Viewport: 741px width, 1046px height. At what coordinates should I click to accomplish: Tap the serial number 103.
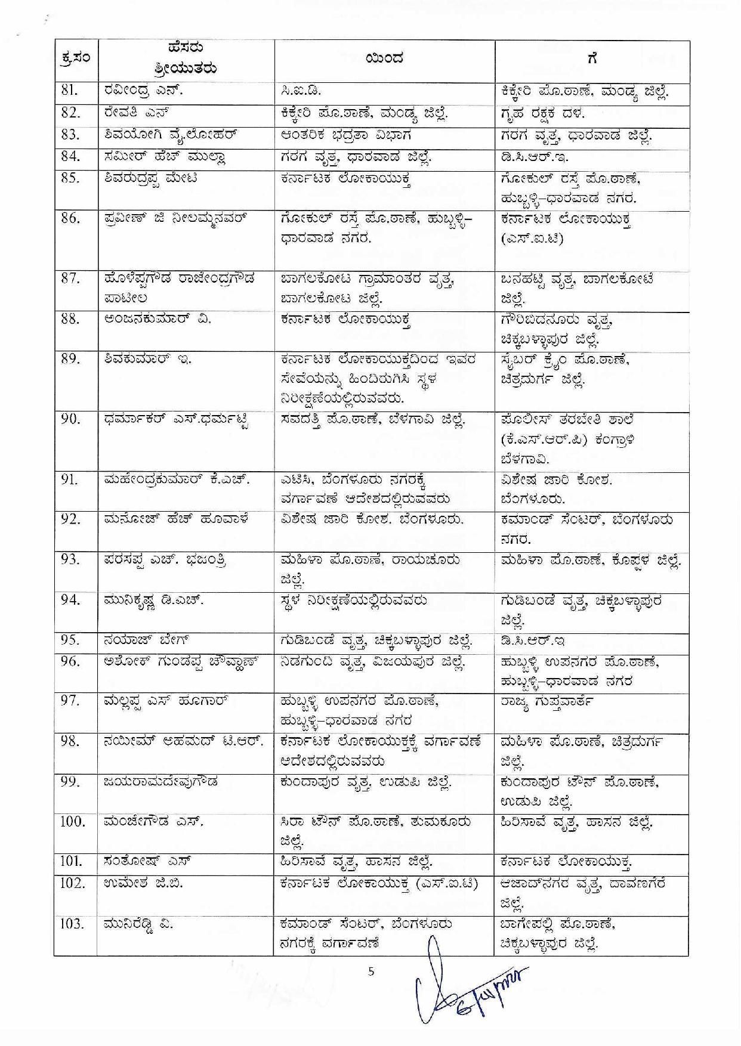(72, 924)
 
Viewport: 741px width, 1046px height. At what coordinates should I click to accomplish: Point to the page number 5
(371, 971)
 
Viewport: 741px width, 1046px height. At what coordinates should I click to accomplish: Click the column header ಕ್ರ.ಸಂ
(76, 58)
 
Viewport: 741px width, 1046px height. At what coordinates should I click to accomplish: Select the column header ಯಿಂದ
(384, 58)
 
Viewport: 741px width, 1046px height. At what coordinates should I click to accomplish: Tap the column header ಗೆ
(592, 58)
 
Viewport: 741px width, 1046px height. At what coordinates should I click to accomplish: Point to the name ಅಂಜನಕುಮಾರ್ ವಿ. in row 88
(157, 319)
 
